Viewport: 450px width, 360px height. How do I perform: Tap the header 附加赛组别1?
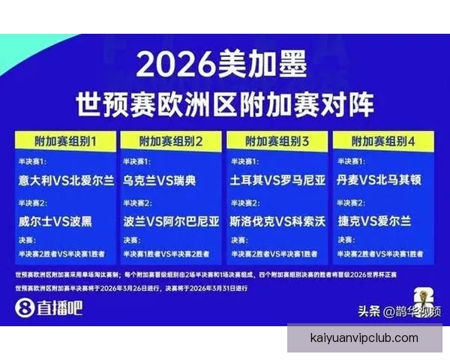click(67, 140)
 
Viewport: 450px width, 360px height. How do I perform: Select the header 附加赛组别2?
click(172, 140)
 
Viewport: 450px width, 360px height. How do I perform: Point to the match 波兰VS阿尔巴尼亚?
click(172, 221)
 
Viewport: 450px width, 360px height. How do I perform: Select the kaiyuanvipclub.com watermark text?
click(364, 338)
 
